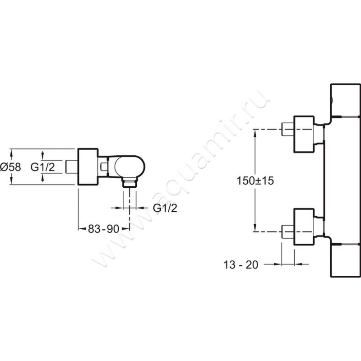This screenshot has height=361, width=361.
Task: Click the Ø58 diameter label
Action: [x=10, y=167]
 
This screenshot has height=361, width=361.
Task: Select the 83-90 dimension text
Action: [x=104, y=229]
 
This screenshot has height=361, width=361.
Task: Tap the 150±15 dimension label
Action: [x=255, y=180]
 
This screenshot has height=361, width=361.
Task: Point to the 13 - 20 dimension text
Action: [x=241, y=265]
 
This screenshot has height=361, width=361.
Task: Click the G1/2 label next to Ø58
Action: [x=43, y=167]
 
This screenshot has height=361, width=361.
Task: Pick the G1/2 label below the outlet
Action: [x=165, y=208]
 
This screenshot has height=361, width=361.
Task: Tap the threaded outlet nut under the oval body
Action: [x=130, y=182]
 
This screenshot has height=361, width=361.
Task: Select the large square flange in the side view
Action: [x=88, y=167]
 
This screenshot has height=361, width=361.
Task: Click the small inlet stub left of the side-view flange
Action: [x=72, y=167]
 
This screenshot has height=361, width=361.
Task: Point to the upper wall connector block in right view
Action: [x=304, y=134]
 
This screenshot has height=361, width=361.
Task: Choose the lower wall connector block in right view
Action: [x=304, y=227]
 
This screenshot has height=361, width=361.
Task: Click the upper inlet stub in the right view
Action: [x=288, y=130]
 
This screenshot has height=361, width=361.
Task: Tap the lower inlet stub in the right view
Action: [x=288, y=231]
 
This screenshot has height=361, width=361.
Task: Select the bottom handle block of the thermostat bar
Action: [x=345, y=260]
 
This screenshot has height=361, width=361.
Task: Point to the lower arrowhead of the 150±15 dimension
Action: [x=255, y=228]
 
